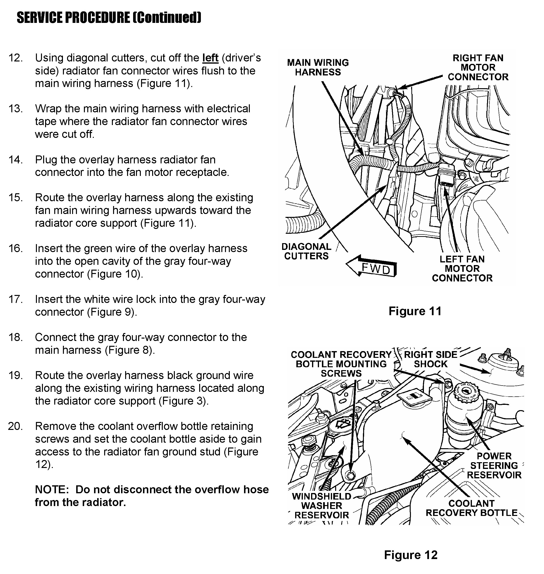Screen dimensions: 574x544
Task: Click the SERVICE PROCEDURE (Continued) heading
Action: tap(109, 18)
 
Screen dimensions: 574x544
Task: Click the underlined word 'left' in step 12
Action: tap(210, 58)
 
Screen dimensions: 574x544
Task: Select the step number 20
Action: tap(16, 427)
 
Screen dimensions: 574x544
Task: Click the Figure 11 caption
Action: tap(415, 311)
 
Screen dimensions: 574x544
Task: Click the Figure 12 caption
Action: tap(411, 555)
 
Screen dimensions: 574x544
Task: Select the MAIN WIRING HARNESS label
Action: tap(318, 67)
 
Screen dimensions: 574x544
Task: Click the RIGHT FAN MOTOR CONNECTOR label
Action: tap(478, 67)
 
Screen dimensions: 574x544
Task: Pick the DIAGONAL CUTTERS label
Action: tap(306, 251)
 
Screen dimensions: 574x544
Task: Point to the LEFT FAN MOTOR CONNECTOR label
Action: tap(462, 269)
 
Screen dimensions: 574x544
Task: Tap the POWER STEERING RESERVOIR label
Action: tap(494, 466)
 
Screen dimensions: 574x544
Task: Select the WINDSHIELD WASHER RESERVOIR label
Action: tap(322, 506)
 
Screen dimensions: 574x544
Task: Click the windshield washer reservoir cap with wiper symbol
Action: tap(342, 425)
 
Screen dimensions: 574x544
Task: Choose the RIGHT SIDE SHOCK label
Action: tap(430, 359)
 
